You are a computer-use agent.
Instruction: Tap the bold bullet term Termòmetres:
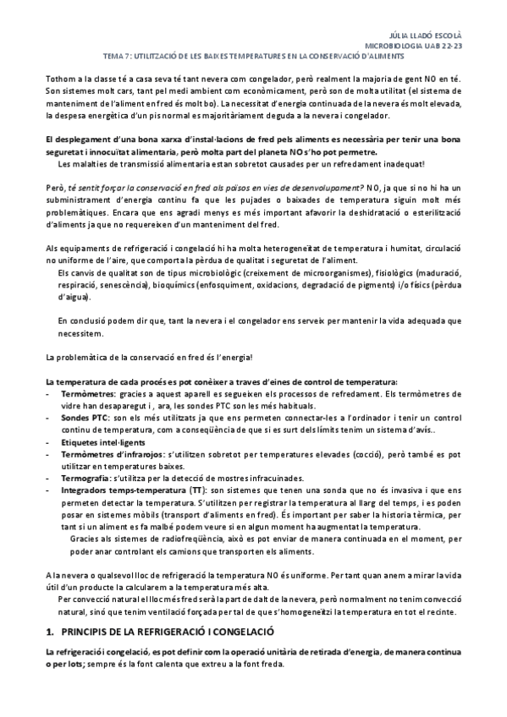pyautogui.click(x=91, y=393)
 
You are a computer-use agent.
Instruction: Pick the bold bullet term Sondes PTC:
pyautogui.click(x=85, y=419)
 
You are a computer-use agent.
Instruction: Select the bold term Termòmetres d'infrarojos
pyautogui.click(x=113, y=455)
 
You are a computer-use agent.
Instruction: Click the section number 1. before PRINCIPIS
pyautogui.click(x=49, y=632)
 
